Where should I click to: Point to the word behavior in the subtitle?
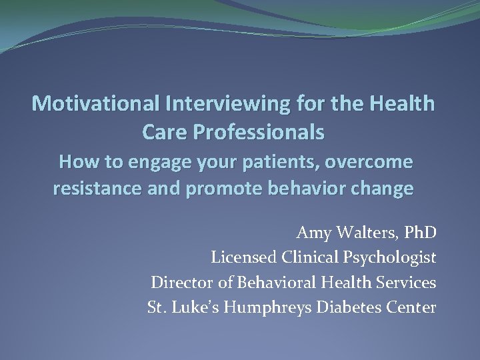312,189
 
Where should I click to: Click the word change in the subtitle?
383,189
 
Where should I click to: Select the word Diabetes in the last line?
351,307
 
